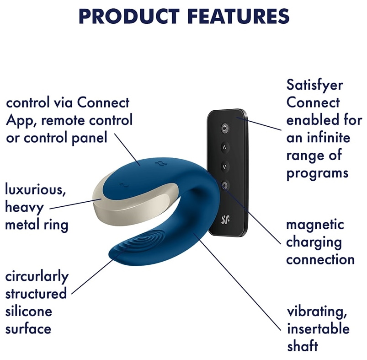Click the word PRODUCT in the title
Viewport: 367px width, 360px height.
(x=129, y=16)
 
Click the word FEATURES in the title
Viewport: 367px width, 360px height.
(x=238, y=16)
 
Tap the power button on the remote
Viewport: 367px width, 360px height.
(x=225, y=129)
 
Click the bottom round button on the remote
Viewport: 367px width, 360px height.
(x=225, y=186)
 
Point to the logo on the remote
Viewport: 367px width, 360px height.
(x=225, y=219)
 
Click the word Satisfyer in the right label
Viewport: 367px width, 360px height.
(x=314, y=85)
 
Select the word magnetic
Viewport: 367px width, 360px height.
(x=315, y=225)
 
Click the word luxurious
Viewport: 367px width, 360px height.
(x=35, y=190)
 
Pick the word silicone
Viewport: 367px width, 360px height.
(x=28, y=312)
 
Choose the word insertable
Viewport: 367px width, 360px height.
(x=318, y=328)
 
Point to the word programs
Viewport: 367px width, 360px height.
(x=317, y=174)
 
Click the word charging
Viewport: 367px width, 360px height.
(x=314, y=242)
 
